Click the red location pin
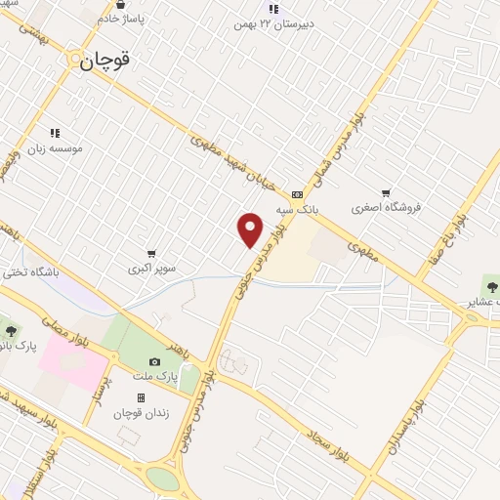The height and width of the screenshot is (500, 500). (x=251, y=229)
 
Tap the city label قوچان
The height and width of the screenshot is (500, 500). (x=104, y=61)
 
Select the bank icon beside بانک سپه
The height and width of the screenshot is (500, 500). (x=297, y=193)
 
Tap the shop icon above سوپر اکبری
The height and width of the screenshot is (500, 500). (x=151, y=253)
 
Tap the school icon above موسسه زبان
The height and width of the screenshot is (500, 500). (x=55, y=133)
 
